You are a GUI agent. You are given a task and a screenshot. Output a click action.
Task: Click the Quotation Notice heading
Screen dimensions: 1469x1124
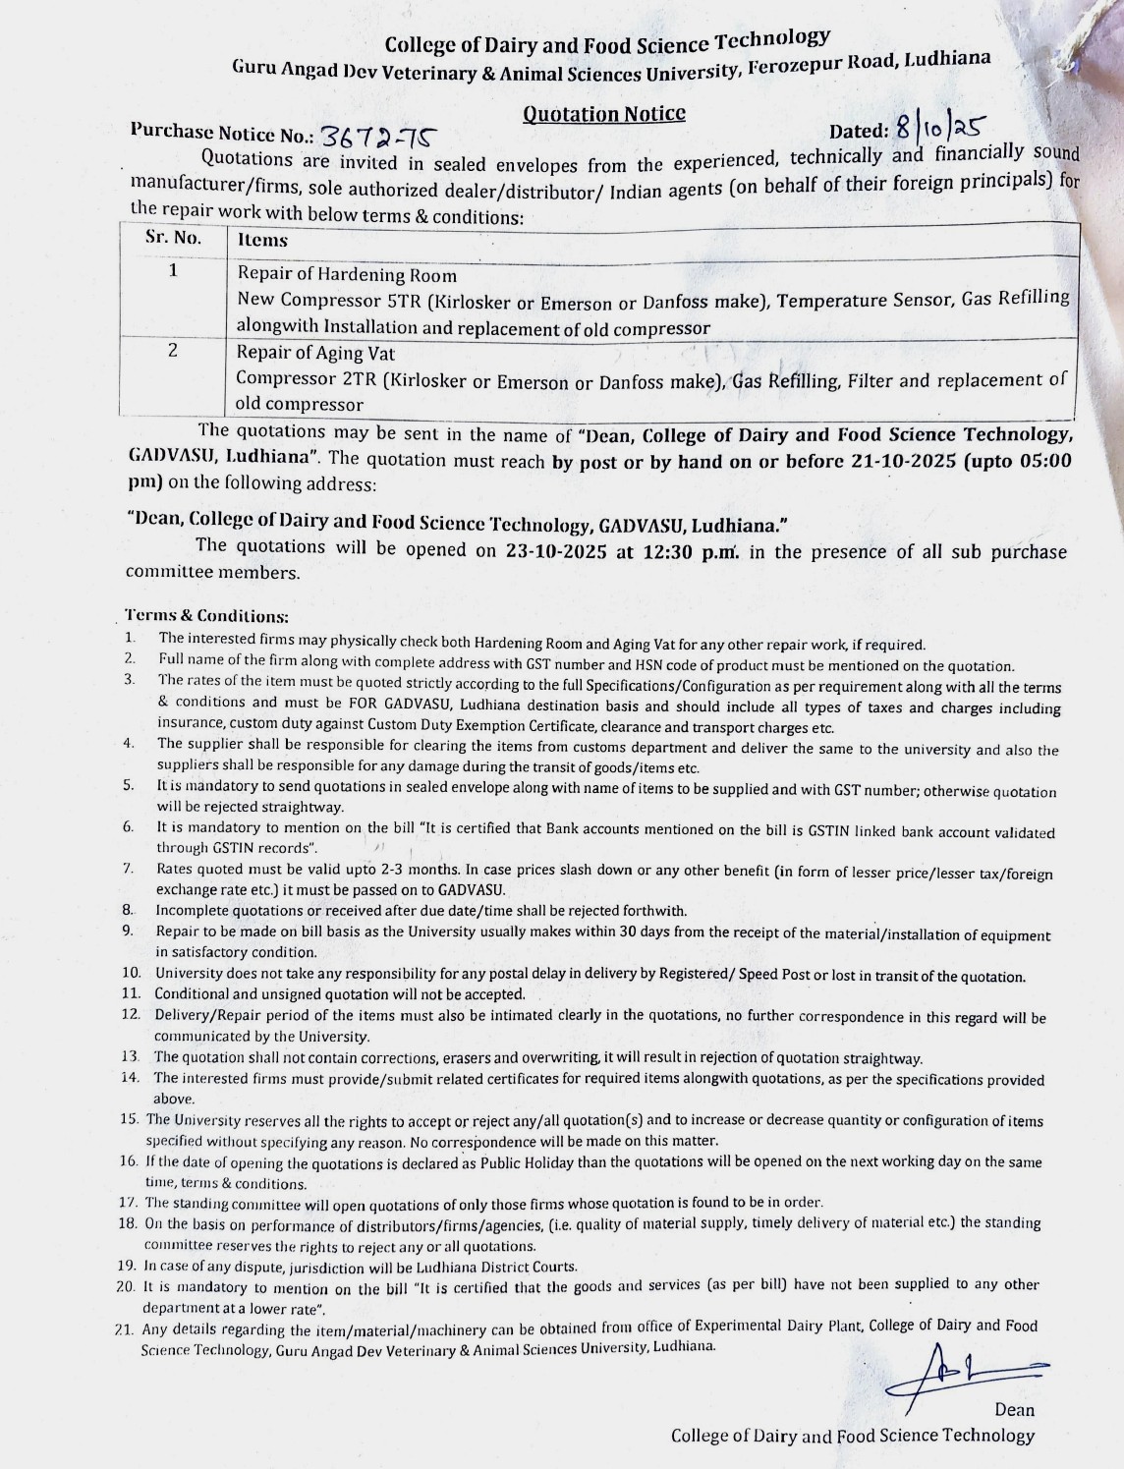pos(603,114)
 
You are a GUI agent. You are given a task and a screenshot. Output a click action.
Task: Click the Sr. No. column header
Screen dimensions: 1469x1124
pos(173,238)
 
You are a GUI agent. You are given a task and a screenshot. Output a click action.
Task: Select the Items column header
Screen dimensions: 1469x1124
pos(262,240)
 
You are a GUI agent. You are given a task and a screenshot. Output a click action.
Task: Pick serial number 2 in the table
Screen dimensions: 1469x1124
pos(172,350)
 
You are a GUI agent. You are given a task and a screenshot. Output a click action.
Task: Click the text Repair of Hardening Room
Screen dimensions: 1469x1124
pos(347,275)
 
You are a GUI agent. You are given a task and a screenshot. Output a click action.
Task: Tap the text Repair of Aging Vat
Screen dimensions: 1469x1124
pos(315,353)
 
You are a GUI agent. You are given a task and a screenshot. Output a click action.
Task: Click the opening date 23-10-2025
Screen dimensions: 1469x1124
pos(557,550)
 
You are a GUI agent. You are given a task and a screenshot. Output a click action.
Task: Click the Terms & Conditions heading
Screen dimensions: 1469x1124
pos(207,616)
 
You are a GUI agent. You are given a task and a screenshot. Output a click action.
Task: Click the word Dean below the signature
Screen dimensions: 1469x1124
pos(1014,1410)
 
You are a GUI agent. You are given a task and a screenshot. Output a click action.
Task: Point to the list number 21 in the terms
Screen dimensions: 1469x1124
pos(124,1330)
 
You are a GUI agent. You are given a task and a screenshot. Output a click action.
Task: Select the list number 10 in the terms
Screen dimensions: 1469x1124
pos(132,973)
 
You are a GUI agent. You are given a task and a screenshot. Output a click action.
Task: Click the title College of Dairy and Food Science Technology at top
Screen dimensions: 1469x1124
pos(607,42)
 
